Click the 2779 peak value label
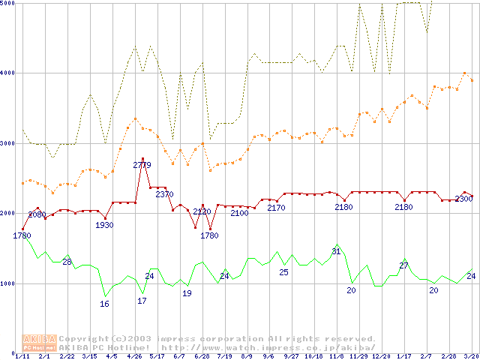(142, 165)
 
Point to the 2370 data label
(164, 195)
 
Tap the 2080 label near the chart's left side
(37, 215)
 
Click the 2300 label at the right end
(463, 199)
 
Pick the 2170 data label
(276, 208)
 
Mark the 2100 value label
(239, 214)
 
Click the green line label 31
(336, 251)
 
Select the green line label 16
(105, 304)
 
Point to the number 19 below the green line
(187, 293)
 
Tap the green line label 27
(403, 265)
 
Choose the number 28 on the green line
(67, 262)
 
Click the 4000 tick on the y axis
(8, 73)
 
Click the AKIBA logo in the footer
(39, 343)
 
